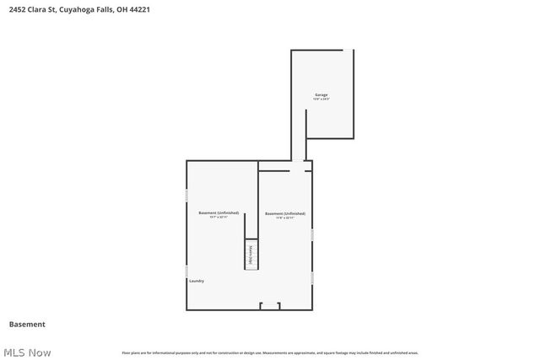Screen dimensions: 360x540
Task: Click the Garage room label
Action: pos(321,94)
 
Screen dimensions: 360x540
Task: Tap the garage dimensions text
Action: pos(321,99)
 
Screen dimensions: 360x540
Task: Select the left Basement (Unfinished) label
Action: pos(219,212)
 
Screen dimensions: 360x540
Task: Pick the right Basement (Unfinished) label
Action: pos(284,213)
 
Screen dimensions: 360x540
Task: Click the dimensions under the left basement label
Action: pos(219,218)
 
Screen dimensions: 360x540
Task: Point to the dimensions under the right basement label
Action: pos(284,218)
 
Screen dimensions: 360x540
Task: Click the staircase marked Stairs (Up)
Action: pos(251,255)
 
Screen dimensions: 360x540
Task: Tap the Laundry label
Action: pos(197,281)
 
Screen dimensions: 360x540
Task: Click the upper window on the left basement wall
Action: pos(186,195)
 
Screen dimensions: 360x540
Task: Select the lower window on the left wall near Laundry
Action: pos(186,272)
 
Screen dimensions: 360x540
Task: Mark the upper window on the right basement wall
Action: pos(312,234)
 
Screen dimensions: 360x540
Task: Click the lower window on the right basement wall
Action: pos(312,277)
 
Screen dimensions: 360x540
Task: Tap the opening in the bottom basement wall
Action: pos(270,306)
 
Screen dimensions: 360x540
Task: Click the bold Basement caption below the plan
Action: pos(27,325)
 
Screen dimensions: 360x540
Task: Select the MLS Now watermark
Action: pos(27,352)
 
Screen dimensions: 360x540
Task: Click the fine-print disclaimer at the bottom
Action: pos(270,352)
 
